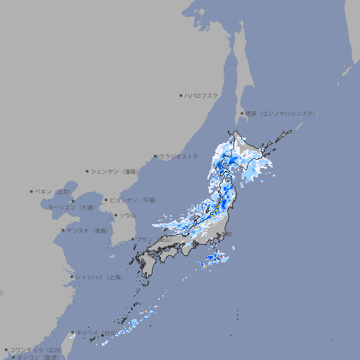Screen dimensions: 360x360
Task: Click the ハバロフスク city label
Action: (x=202, y=95)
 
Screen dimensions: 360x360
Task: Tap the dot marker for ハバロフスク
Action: (x=181, y=95)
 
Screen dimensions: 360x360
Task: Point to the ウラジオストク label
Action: (x=179, y=156)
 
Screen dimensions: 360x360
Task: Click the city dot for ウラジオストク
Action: (x=155, y=157)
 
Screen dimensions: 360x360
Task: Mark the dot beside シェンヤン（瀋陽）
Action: (x=88, y=171)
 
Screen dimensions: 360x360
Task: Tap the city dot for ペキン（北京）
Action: (x=32, y=191)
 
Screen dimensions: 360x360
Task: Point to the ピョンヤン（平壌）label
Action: (x=133, y=200)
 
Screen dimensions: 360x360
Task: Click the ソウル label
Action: (x=127, y=215)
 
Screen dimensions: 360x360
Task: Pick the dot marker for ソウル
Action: (x=115, y=215)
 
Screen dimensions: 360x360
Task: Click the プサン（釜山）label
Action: (x=153, y=239)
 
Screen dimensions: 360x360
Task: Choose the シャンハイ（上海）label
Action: (x=98, y=277)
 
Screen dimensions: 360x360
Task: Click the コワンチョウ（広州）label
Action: (x=36, y=349)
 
